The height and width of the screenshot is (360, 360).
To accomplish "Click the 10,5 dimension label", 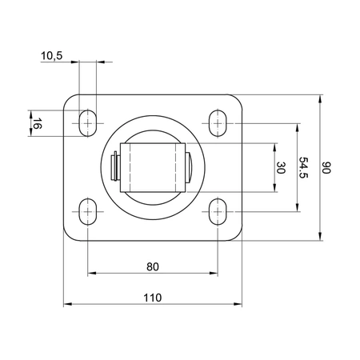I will pyautogui.click(x=50, y=55).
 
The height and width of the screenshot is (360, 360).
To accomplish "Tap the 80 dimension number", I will pyautogui.click(x=152, y=266).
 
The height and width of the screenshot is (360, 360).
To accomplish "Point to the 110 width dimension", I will pyautogui.click(x=152, y=297).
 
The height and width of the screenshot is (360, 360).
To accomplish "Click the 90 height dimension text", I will pyautogui.click(x=326, y=168).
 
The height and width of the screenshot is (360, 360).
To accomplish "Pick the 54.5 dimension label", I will pyautogui.click(x=303, y=167).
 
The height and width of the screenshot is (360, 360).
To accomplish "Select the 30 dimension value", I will pyautogui.click(x=280, y=168).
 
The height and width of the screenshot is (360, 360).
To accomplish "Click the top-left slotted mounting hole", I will pyautogui.click(x=87, y=122).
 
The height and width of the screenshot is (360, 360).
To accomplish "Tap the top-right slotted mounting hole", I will pyautogui.click(x=218, y=122).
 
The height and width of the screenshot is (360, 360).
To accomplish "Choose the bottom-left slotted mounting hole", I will pyautogui.click(x=87, y=211).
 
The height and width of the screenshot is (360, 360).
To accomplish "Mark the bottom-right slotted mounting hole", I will pyautogui.click(x=218, y=211).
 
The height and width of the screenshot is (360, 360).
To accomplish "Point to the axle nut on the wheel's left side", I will pyautogui.click(x=114, y=168).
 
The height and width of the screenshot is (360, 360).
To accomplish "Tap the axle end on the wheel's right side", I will pyautogui.click(x=189, y=168).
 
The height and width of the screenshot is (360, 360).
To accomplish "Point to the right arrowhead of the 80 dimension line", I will pyautogui.click(x=214, y=274).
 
